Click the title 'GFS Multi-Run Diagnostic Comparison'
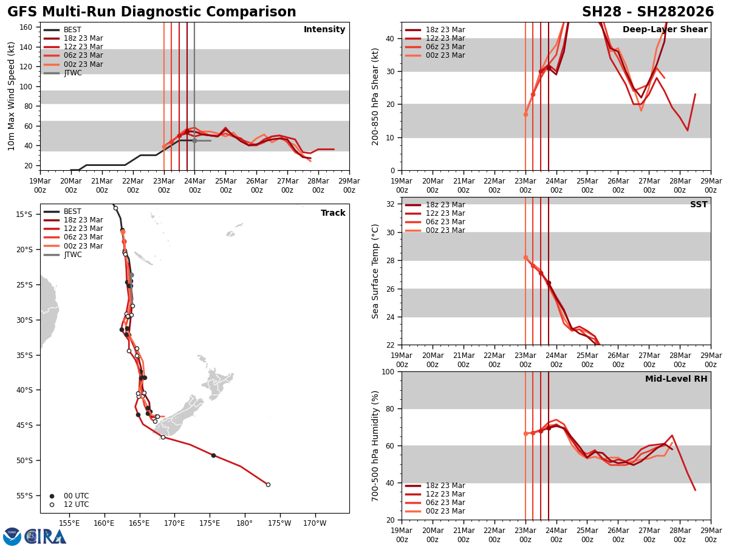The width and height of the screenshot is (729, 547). [x=152, y=12]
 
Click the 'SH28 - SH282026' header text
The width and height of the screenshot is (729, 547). [x=648, y=12]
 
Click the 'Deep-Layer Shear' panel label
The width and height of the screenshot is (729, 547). [x=665, y=30]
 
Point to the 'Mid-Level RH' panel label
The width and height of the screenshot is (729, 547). [x=676, y=379]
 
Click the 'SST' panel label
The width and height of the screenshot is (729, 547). [x=698, y=205]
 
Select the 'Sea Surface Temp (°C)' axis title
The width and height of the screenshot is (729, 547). [x=375, y=271]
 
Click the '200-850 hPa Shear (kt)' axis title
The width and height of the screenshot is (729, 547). [x=375, y=96]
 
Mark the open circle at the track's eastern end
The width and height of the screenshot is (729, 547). [x=268, y=484]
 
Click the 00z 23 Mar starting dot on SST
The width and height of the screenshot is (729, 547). [x=525, y=257]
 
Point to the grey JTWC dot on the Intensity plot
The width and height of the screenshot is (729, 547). [x=194, y=140]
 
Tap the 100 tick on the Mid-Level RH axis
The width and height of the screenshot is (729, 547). [x=391, y=371]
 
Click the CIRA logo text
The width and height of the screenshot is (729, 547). [x=45, y=537]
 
